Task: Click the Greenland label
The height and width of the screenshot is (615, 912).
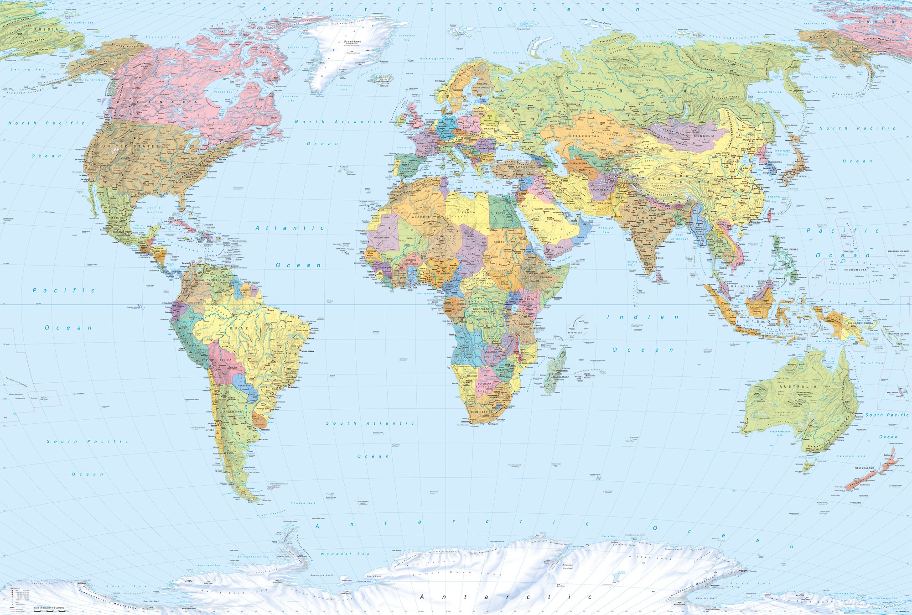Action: (x=352, y=42)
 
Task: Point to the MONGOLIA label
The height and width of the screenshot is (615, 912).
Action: (x=704, y=136)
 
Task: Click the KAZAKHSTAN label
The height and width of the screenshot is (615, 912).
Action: (x=584, y=136)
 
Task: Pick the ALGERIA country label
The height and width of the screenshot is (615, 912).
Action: (x=421, y=217)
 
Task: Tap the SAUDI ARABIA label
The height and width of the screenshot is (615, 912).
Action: (x=544, y=208)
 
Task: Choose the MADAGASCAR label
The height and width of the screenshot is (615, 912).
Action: (x=560, y=377)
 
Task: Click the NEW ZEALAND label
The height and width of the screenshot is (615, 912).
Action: (x=864, y=468)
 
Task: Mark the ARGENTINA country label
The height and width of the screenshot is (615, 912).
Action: (x=233, y=412)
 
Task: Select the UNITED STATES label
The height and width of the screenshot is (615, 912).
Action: (x=131, y=146)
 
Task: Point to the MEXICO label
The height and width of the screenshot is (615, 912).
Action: (x=118, y=218)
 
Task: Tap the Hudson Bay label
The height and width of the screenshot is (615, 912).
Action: (x=223, y=92)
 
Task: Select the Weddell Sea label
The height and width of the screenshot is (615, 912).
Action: (x=345, y=554)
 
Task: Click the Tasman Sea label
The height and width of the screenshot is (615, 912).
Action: (x=851, y=456)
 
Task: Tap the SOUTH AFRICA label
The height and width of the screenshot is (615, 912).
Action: (x=482, y=412)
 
